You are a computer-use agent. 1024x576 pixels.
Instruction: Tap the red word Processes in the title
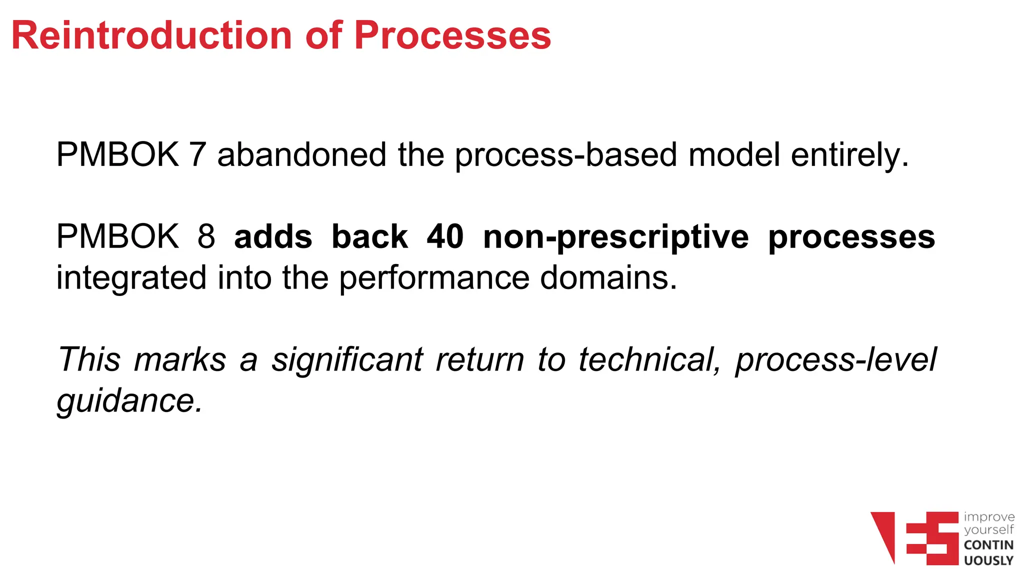(452, 35)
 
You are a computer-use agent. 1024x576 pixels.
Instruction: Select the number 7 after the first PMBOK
(197, 154)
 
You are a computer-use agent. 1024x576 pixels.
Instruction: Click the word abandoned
(301, 154)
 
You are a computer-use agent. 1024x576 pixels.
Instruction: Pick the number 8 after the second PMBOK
(206, 236)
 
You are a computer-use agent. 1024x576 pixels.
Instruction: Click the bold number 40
(445, 236)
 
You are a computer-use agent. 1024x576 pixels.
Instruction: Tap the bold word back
(369, 236)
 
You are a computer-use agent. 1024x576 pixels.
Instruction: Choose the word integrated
(131, 278)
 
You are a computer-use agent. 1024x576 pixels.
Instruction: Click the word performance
(434, 278)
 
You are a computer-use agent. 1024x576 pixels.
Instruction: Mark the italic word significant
(347, 360)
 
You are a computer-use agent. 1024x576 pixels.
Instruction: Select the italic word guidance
(129, 401)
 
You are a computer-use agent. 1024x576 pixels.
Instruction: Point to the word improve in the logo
(989, 517)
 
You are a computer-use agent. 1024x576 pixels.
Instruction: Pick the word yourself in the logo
(988, 530)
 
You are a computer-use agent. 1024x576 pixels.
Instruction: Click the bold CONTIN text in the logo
(988, 545)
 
